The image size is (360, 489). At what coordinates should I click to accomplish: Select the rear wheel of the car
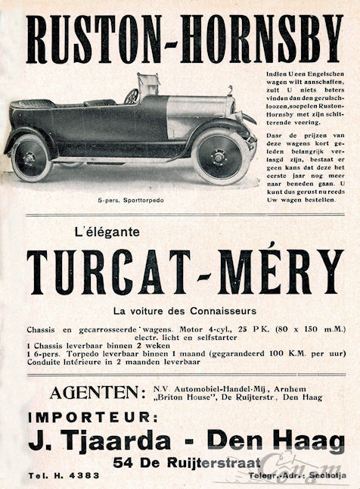29,156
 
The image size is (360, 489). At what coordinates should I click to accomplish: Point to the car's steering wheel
131,96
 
